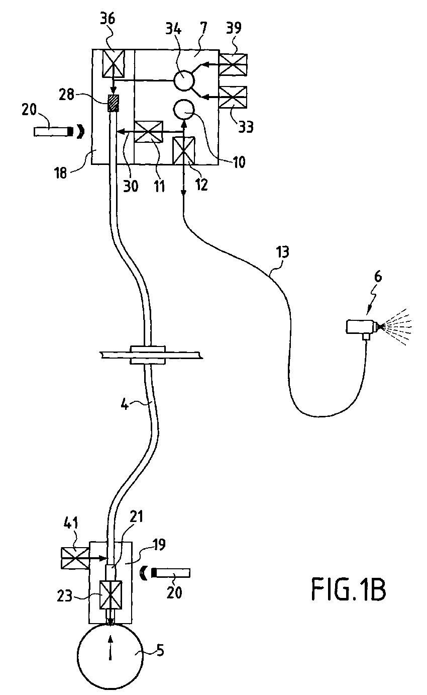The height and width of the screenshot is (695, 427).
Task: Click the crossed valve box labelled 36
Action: click(x=114, y=63)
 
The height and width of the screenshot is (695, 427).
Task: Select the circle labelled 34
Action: click(x=184, y=80)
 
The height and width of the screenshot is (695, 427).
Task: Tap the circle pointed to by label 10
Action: click(x=183, y=110)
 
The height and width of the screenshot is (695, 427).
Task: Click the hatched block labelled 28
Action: click(x=114, y=103)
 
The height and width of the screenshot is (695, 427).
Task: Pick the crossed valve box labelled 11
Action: click(x=148, y=132)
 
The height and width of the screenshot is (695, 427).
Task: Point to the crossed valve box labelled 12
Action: click(x=183, y=150)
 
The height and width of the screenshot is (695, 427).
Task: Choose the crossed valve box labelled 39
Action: click(x=233, y=65)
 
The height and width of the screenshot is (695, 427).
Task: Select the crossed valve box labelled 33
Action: click(x=233, y=98)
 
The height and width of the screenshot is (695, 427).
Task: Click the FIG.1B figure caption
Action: click(x=349, y=590)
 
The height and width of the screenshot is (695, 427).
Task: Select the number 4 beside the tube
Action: click(x=125, y=405)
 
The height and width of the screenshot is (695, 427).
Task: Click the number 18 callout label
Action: click(x=61, y=173)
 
